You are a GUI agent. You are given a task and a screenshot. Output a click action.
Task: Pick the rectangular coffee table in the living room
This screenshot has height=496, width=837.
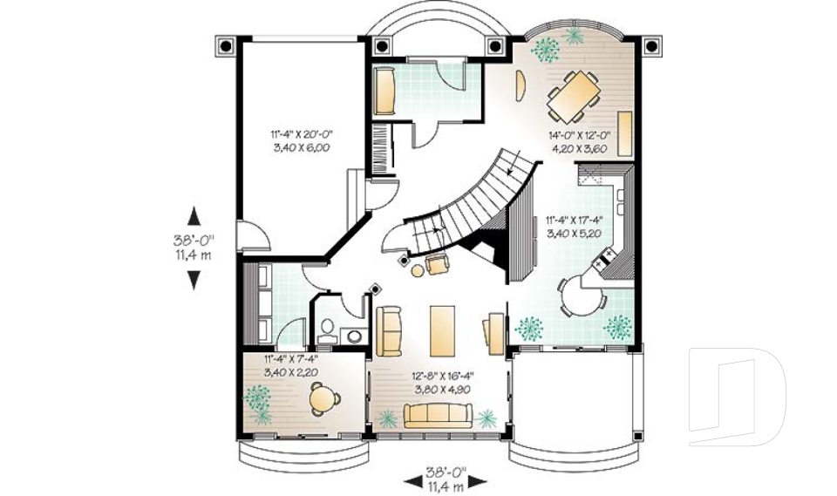(439, 330)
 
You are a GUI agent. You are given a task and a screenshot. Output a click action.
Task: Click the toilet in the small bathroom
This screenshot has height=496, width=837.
(328, 328)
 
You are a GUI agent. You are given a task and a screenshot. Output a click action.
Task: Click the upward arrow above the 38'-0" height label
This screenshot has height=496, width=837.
(194, 214)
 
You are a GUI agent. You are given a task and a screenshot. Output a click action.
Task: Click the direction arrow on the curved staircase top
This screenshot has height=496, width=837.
(515, 160)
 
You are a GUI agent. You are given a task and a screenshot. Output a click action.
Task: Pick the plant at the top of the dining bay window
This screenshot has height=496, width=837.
(574, 36)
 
